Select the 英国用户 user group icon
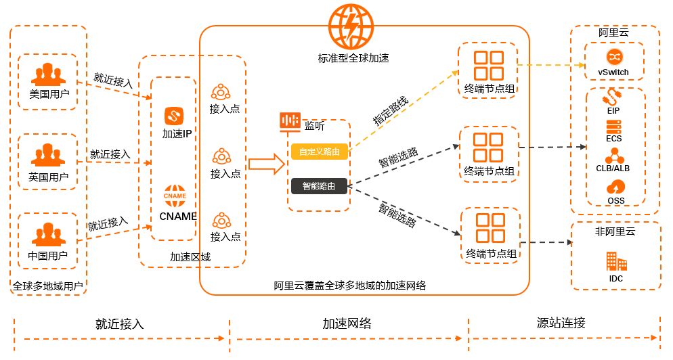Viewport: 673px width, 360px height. [x=47, y=154]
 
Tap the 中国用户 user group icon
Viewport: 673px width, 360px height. [x=47, y=233]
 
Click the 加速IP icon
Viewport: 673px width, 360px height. [x=175, y=115]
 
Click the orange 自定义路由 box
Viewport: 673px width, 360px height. [x=320, y=152]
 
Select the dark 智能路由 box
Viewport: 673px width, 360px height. [x=320, y=185]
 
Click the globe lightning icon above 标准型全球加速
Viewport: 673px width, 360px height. [x=351, y=26]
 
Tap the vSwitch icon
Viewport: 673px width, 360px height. [x=614, y=56]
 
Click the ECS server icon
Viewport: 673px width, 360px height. [x=614, y=127]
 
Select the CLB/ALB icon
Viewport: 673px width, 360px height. [x=614, y=155]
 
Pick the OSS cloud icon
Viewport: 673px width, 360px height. [x=615, y=186]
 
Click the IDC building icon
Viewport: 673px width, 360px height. [x=615, y=261]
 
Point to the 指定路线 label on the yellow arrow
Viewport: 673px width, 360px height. [x=391, y=110]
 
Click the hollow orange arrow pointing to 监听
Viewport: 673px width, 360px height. [x=266, y=164]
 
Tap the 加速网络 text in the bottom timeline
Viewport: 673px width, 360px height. [x=347, y=323]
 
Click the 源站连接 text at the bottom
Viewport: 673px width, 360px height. [x=561, y=323]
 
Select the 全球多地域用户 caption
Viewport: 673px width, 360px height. [x=48, y=286]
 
